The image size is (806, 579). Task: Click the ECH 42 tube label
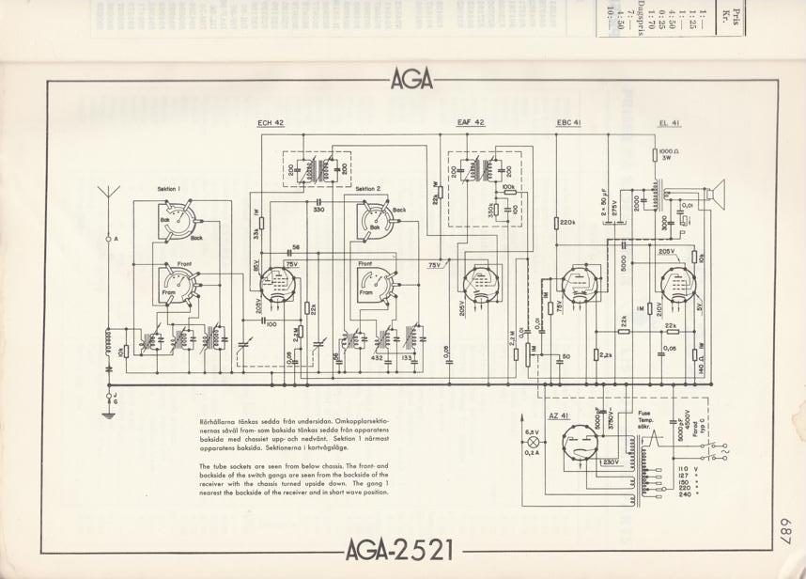pos(271,122)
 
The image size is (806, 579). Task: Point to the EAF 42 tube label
pos(471,122)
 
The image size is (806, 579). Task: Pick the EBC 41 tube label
pos(569,122)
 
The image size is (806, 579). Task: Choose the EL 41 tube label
pos(669,122)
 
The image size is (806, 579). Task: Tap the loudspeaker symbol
pos(721,194)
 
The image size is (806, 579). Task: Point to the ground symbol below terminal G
pos(110,411)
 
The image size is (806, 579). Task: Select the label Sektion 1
pos(167,189)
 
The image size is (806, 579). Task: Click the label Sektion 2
pos(367,189)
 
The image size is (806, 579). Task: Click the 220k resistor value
pos(566,222)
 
